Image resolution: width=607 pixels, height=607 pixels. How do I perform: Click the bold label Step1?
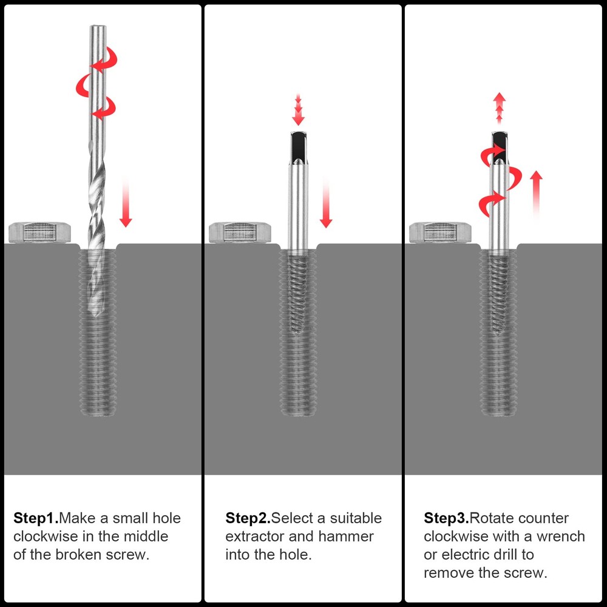coord(36,519)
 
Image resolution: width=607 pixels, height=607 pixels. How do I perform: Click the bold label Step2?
coord(248,519)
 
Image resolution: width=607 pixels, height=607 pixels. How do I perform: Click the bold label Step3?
coord(446,519)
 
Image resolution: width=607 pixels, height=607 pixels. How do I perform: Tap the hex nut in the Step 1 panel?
coord(40,232)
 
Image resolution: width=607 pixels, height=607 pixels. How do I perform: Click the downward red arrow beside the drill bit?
coord(126,203)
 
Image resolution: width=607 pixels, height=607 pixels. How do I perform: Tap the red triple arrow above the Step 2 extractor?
coord(297,109)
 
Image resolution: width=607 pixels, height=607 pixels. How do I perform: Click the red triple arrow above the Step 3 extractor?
coord(499,109)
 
